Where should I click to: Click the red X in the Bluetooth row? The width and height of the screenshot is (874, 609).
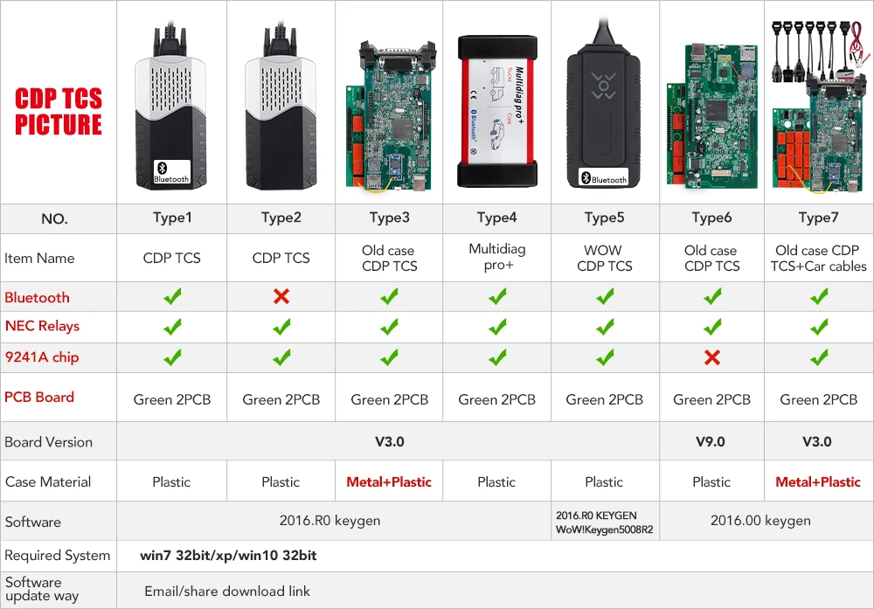281,297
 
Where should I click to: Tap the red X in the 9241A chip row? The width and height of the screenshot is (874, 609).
711,356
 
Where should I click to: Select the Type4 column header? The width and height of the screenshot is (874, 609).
496,218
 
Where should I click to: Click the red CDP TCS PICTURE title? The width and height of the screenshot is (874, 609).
59,111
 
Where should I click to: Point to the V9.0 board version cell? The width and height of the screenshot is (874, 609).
710,441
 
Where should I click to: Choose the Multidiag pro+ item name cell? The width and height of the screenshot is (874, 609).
496,257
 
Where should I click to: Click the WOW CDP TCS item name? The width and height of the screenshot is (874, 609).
604,258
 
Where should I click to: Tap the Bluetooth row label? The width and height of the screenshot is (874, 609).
37,297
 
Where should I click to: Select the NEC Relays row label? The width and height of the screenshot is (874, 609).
42,326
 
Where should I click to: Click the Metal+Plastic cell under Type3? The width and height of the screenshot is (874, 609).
389,481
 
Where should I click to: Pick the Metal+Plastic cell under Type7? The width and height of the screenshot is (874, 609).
818,481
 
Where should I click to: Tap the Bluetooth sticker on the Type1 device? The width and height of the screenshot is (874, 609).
171,172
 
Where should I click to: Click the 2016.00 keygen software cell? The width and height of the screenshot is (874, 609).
760,521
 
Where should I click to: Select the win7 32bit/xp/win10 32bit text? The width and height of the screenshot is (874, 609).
228,555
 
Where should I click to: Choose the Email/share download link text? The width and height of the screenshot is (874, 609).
227,591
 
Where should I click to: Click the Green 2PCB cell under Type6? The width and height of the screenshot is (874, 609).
711,399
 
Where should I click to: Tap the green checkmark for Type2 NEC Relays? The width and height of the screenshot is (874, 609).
281,327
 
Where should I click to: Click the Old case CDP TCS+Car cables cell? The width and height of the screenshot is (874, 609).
818,258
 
